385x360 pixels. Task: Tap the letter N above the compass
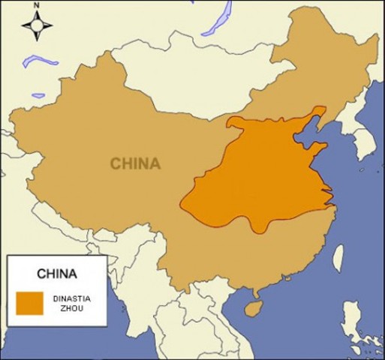(37, 7)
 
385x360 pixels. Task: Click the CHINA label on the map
(135, 163)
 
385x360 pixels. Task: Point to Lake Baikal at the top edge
(218, 18)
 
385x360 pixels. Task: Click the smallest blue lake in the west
(38, 95)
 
